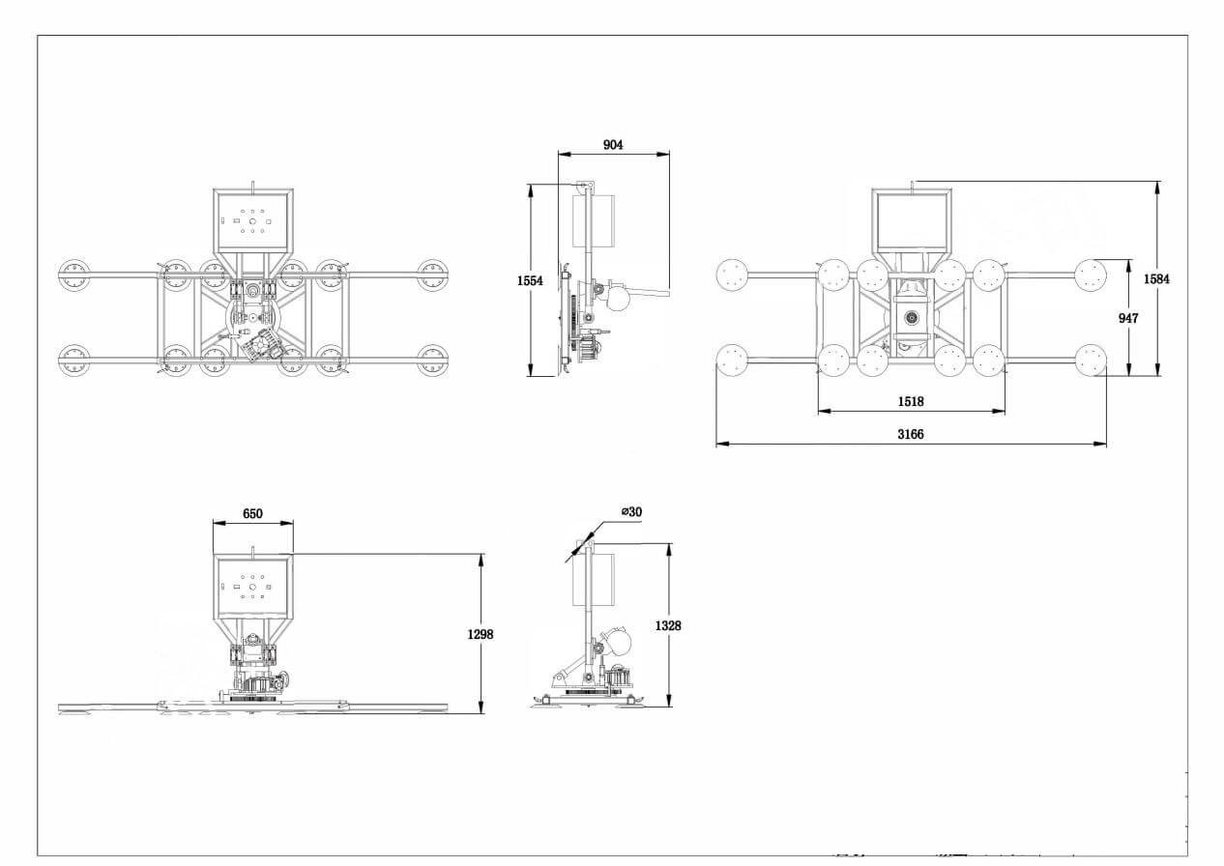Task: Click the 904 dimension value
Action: tap(613, 145)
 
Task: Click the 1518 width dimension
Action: tap(910, 399)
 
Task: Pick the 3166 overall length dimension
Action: tap(910, 434)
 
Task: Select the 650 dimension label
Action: tap(251, 513)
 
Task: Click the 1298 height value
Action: tap(480, 635)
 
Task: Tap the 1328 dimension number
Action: tap(667, 626)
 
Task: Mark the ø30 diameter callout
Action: tap(630, 511)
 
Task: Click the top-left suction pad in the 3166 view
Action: tap(734, 275)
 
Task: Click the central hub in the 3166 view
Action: tap(911, 318)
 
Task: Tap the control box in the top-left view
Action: tap(252, 219)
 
